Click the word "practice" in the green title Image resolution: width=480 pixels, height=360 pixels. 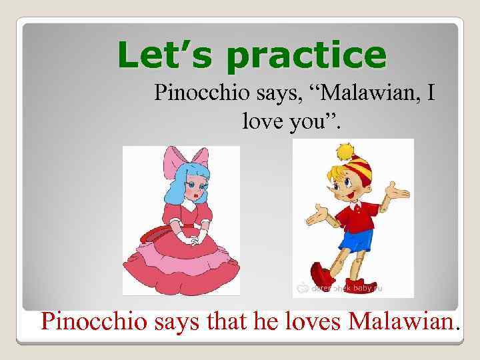pyautogui.click(x=306, y=56)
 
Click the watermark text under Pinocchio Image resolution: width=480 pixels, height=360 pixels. pyautogui.click(x=347, y=288)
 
